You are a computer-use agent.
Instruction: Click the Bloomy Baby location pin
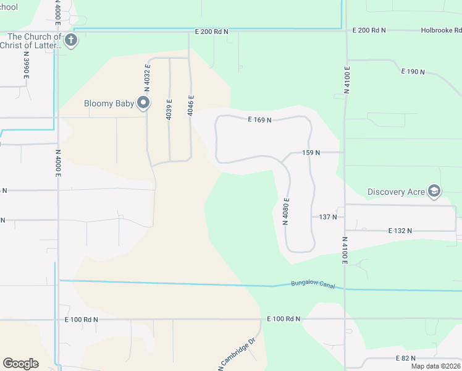[143, 103]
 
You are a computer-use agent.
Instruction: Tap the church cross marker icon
[71, 41]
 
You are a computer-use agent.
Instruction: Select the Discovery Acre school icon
[434, 191]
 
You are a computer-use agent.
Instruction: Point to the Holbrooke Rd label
[441, 30]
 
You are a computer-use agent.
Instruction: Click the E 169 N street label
[259, 120]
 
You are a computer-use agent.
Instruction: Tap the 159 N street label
[311, 152]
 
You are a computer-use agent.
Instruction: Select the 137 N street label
[328, 217]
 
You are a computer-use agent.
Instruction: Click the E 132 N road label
[400, 230]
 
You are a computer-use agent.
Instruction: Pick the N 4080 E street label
[286, 211]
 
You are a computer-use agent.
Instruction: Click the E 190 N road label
[413, 72]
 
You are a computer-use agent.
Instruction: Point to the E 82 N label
[405, 358]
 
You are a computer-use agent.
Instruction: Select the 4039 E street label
[169, 109]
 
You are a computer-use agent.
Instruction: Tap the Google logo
[20, 364]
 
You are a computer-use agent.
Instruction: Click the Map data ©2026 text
[435, 366]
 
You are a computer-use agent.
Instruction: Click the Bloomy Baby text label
[109, 103]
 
